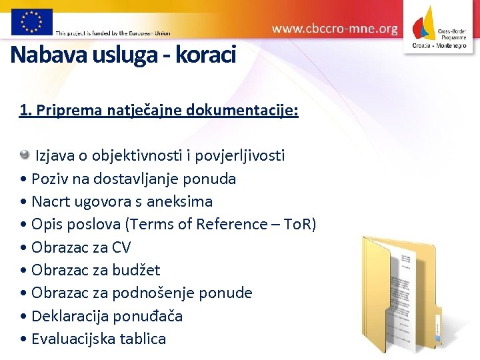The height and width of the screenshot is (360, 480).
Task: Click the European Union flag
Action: (x=31, y=21)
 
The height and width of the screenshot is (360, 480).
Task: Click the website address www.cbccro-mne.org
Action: (x=335, y=29)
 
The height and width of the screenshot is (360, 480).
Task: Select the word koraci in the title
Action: (x=205, y=55)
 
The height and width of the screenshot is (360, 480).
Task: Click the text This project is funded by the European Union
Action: (x=113, y=32)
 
